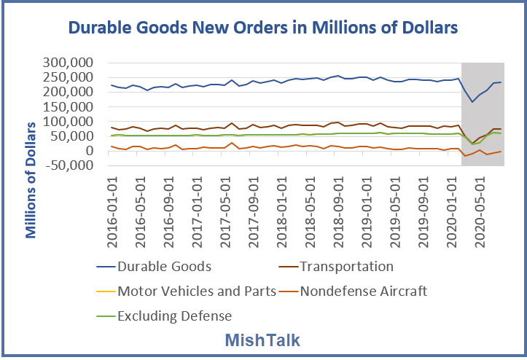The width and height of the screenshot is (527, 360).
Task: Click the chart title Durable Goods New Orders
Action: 263,28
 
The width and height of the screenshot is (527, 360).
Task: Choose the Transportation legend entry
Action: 347,266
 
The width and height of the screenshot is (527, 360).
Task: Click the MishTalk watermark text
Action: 263,340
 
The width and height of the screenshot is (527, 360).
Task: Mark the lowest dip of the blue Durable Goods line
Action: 472,102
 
